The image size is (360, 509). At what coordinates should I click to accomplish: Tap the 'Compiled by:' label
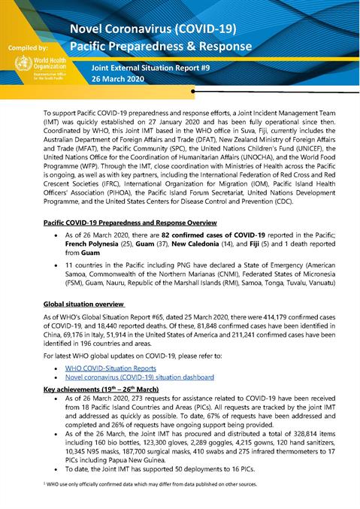[26, 47]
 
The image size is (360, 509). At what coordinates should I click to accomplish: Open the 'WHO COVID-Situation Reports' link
[110, 368]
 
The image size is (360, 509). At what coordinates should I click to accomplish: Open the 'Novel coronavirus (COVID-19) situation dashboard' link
[139, 377]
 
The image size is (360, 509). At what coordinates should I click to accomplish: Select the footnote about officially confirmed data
[150, 485]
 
